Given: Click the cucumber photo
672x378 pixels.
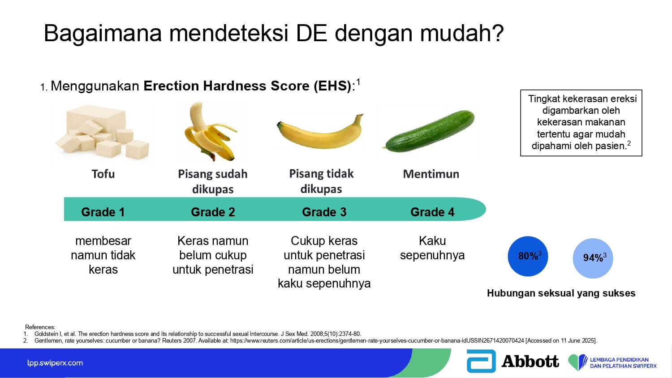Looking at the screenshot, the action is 429,131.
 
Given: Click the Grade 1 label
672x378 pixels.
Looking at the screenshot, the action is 103,212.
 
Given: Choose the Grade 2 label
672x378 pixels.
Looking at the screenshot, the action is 213,212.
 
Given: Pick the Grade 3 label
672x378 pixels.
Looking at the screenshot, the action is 324,212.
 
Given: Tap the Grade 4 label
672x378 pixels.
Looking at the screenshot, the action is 432,212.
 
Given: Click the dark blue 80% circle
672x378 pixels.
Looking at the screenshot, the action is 528,256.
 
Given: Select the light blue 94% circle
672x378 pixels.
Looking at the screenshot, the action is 593,258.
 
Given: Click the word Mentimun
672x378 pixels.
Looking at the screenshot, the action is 431,174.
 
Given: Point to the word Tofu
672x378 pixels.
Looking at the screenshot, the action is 103,174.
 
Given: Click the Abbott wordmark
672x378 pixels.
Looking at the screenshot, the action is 530,361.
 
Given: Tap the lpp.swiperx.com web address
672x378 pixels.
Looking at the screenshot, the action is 55,363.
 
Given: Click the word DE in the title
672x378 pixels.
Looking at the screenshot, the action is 311,33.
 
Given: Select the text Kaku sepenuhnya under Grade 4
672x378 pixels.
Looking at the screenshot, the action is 432,248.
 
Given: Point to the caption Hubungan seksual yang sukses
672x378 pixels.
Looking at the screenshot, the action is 561,293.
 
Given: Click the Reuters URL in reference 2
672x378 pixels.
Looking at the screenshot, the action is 377,341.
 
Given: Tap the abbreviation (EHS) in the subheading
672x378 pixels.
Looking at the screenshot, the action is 332,86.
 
